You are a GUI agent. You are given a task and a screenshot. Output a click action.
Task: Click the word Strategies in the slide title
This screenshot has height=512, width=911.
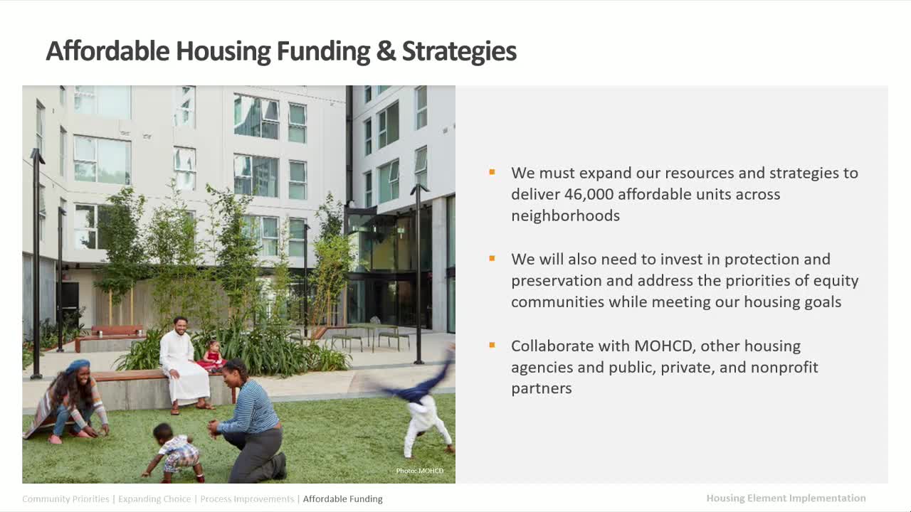[x=459, y=51]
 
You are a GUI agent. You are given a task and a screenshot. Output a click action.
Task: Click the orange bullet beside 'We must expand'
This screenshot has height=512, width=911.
[x=492, y=172]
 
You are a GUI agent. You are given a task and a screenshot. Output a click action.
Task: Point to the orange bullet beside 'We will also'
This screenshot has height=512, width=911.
[x=492, y=258]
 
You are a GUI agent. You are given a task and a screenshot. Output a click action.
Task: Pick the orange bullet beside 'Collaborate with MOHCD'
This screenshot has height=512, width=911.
[x=492, y=345]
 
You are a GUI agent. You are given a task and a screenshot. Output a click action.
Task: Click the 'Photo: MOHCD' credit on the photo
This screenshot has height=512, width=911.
[x=419, y=471]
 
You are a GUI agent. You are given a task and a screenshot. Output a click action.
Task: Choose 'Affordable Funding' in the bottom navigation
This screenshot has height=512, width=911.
[x=342, y=499]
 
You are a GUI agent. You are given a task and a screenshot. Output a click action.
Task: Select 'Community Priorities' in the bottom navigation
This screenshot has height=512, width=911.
[x=65, y=499]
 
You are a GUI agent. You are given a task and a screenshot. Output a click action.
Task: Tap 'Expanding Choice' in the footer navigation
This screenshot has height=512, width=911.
[x=154, y=499]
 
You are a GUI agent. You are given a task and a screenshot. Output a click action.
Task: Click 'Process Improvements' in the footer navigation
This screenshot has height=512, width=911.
[x=247, y=499]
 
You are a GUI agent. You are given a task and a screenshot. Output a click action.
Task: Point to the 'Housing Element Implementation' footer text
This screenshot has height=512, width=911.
[x=786, y=498]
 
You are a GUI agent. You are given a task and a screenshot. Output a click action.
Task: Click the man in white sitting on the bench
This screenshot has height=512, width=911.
[x=184, y=363]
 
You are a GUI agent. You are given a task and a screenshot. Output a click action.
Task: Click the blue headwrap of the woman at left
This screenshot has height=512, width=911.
[x=78, y=366]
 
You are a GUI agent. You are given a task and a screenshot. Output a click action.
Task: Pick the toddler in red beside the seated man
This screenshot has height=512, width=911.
[x=213, y=356]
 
